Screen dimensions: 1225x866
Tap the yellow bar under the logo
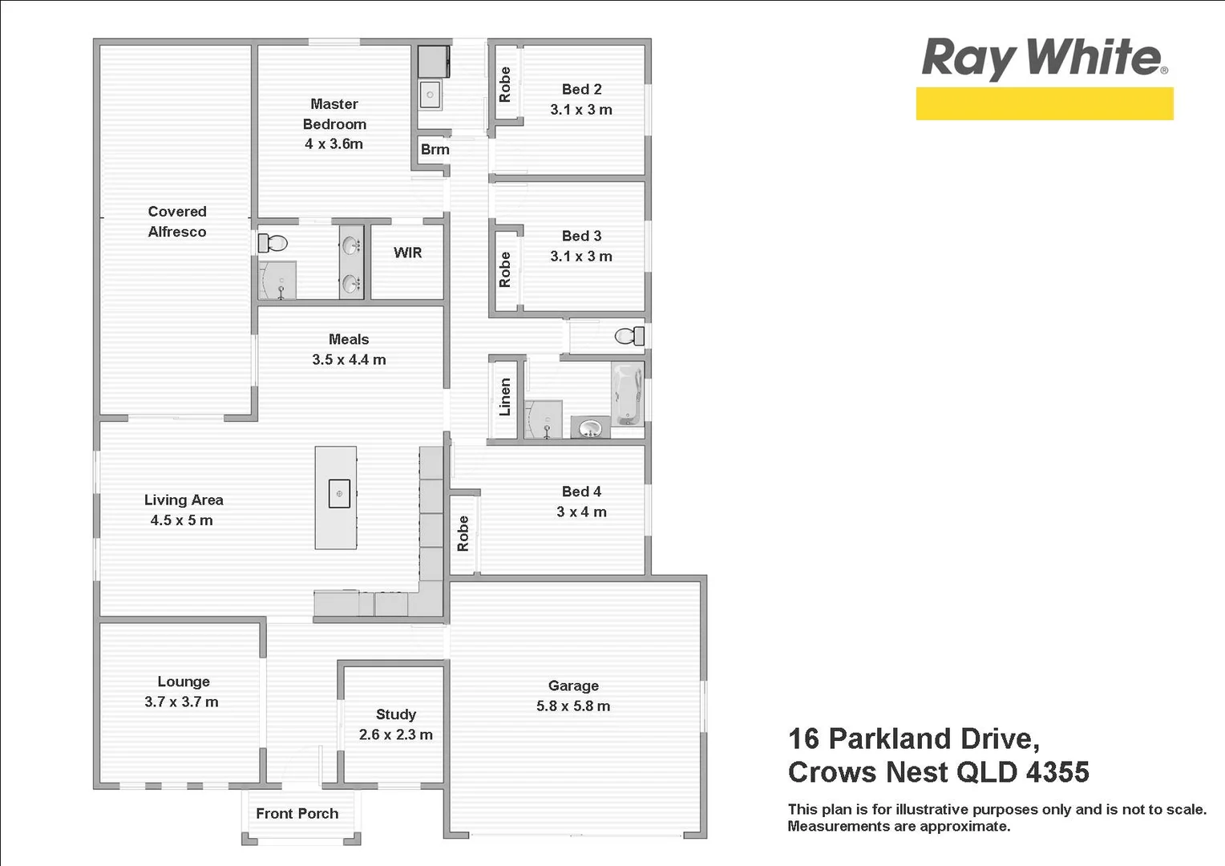tap(1044, 104)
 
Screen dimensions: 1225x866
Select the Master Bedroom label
tap(334, 114)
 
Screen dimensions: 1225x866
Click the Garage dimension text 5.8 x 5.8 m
tap(573, 706)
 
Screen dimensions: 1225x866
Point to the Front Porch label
tap(297, 813)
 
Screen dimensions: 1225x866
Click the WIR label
tap(407, 253)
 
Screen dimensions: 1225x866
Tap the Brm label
tap(435, 149)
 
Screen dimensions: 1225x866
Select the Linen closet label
tap(505, 397)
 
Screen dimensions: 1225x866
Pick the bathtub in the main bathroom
tap(626, 394)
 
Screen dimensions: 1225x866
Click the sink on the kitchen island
tap(339, 494)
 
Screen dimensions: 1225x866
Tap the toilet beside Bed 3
tap(629, 335)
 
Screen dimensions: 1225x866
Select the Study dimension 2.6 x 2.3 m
tap(395, 734)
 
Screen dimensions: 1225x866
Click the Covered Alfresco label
tap(177, 221)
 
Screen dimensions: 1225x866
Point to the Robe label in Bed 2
tap(505, 84)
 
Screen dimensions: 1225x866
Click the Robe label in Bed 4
tap(463, 533)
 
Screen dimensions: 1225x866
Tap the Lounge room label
tap(184, 682)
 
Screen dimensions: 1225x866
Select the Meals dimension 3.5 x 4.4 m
tap(349, 360)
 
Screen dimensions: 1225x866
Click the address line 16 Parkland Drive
tap(913, 738)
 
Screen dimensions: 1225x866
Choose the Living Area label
tap(184, 500)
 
